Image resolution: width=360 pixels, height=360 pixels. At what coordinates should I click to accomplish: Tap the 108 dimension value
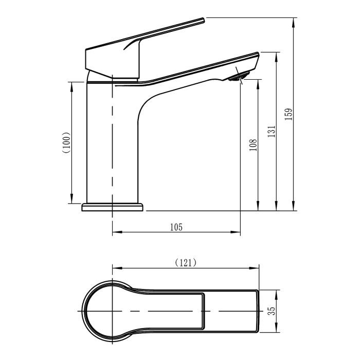[x=253, y=146]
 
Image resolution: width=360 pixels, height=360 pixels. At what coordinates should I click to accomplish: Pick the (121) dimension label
[x=186, y=263]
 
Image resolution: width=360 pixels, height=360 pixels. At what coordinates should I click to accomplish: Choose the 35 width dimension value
[x=272, y=311]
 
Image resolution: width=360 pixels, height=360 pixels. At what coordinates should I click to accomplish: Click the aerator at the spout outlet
[x=238, y=78]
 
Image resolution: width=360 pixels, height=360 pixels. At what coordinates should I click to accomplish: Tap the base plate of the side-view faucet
[x=113, y=207]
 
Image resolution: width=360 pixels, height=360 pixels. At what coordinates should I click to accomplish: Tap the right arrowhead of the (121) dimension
[x=257, y=268]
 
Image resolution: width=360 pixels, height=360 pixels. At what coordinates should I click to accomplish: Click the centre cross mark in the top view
[x=113, y=312]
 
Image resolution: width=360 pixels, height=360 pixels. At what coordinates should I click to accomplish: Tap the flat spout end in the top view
[x=259, y=311]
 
